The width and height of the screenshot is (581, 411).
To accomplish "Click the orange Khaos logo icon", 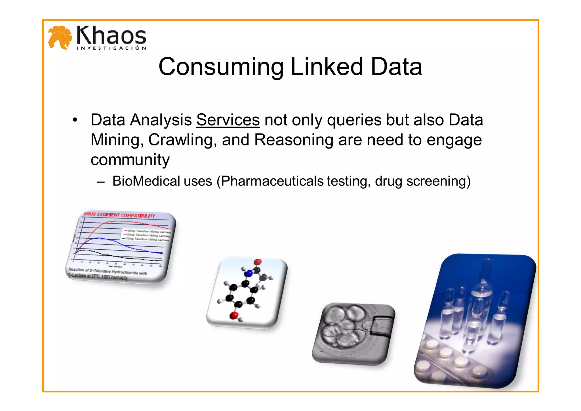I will [60, 37].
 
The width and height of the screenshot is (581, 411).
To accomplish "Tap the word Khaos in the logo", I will [111, 35].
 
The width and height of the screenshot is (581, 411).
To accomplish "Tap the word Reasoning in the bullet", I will [294, 140].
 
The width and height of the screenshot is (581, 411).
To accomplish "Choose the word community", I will [130, 160].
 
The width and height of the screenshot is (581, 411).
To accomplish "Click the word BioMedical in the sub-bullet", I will [146, 181].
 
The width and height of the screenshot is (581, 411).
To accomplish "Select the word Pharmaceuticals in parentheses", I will [272, 181].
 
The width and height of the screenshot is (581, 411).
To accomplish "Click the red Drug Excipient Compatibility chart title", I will [119, 215].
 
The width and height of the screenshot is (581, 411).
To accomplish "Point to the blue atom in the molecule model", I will [249, 273].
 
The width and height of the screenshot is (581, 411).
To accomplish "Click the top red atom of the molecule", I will [258, 262].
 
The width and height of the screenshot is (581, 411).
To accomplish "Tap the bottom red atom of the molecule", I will [234, 315].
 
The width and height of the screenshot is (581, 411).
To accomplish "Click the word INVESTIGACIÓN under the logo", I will [111, 48].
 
